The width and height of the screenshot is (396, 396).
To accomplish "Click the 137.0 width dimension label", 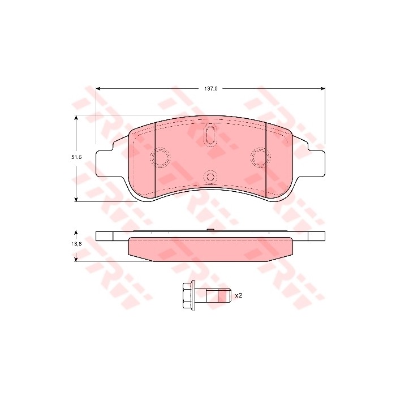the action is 210,89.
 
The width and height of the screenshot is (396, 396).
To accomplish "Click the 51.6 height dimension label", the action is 76,157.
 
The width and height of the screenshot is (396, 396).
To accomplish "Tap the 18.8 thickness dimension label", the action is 76,244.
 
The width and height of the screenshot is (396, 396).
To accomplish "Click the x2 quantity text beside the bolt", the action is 239,295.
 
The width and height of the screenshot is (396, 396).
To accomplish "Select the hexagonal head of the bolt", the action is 187,295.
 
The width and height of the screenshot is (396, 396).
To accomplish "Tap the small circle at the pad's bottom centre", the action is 210,177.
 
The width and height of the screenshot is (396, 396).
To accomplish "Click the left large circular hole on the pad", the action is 160,157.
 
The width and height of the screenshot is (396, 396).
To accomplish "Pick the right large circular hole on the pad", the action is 261,157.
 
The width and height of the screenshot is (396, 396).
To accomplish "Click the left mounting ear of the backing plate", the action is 105,163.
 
